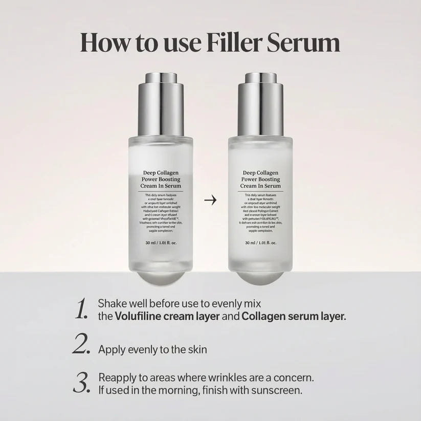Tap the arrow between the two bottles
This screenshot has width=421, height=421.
210,200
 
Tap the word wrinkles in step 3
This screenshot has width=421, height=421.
220,378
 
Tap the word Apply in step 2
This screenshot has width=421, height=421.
111,350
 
